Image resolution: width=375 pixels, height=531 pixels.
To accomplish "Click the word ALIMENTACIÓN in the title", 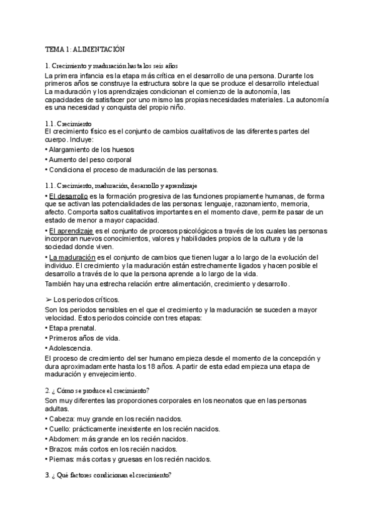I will tap(99, 49).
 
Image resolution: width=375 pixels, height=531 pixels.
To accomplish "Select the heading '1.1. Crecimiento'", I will tap(69, 124).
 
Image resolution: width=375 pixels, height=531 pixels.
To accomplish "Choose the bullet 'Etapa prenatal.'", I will tap(71, 327).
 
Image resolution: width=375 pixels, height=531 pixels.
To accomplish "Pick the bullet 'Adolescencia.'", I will tap(70, 348).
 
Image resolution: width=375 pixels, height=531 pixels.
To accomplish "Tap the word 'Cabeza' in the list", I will tap(61, 418).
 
